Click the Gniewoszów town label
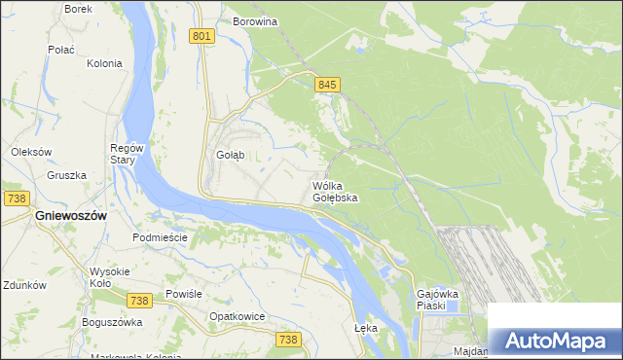tap(70, 215)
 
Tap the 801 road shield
tap(202, 36)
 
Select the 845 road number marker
tap(326, 86)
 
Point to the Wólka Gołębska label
tap(335, 191)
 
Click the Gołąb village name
tap(230, 155)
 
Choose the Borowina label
tap(256, 20)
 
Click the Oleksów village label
tap(30, 152)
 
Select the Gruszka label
tap(66, 176)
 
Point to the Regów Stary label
tap(127, 154)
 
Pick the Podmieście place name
tap(159, 236)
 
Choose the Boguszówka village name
tap(112, 322)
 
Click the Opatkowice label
tap(238, 316)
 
